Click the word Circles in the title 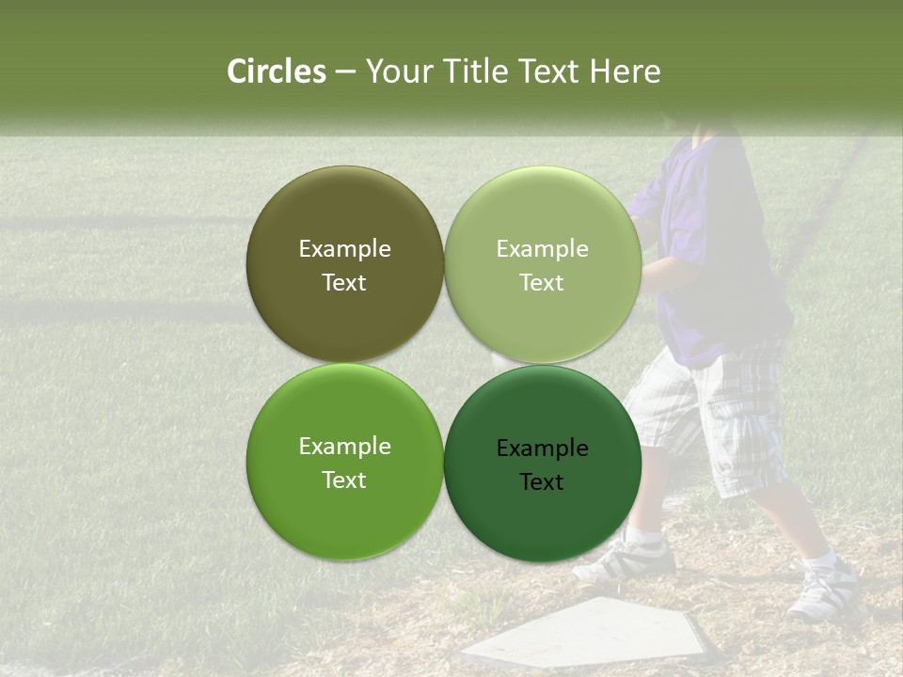click(277, 71)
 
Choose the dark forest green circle click(542, 517)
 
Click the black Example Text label click(542, 464)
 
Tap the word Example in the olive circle click(344, 249)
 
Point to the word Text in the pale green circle click(542, 283)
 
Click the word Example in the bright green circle click(344, 447)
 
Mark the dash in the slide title click(345, 72)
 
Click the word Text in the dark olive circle click(344, 283)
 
